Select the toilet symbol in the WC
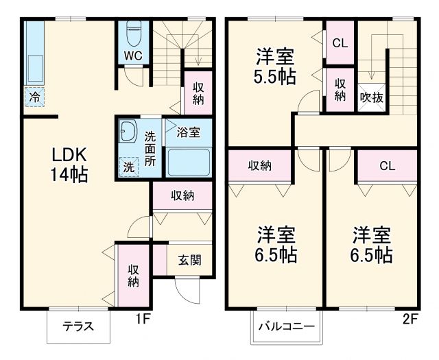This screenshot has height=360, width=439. pos(134,33)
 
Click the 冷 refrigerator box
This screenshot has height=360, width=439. pos(34,97)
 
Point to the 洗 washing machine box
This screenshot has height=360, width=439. pos(128,166)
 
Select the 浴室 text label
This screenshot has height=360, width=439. pos(188,131)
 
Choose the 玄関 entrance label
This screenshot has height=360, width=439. pos(190,260)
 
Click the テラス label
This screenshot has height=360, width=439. pos(78,326)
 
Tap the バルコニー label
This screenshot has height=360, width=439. pos(287,326)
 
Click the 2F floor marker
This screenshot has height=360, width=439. pos(409,318)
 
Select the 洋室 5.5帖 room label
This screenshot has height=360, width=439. pos(276,65)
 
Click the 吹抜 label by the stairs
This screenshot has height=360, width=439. pos(372,97)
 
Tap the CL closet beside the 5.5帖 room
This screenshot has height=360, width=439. pos(340,43)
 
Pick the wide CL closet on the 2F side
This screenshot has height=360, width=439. pos(387,165)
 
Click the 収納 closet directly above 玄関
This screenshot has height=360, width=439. pos(182,195)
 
